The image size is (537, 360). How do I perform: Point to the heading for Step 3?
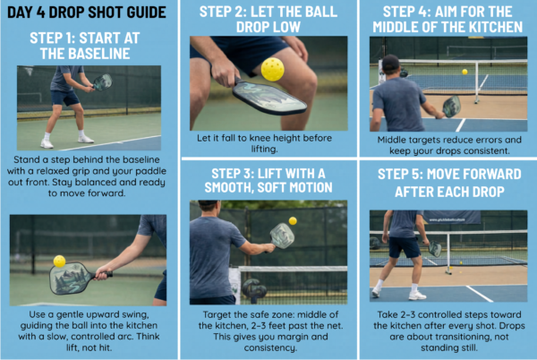click(x=269, y=180)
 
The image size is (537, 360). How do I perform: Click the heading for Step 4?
click(x=447, y=19)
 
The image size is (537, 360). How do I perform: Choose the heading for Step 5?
click(x=447, y=180)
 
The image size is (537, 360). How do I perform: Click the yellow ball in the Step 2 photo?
click(x=273, y=69)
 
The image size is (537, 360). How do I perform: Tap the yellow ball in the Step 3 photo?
click(x=293, y=220)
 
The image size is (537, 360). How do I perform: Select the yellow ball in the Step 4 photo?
click(x=465, y=72)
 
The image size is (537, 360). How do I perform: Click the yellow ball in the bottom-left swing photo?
click(x=60, y=261)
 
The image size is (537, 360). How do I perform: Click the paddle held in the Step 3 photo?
click(x=282, y=236)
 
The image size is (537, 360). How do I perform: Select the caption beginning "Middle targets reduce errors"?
click(x=447, y=144)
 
